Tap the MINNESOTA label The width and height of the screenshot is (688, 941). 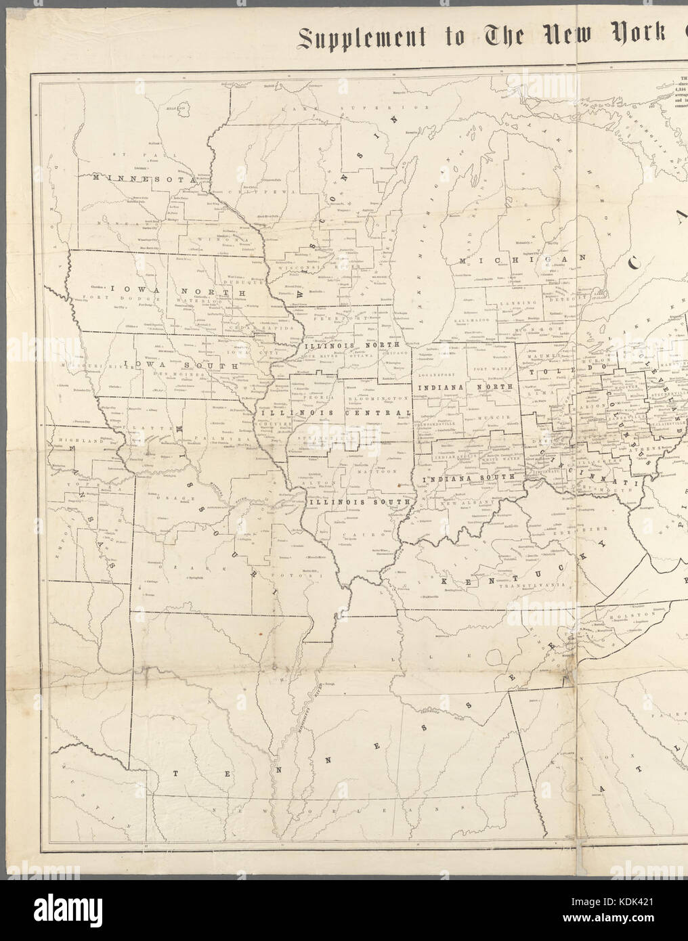[144, 178]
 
